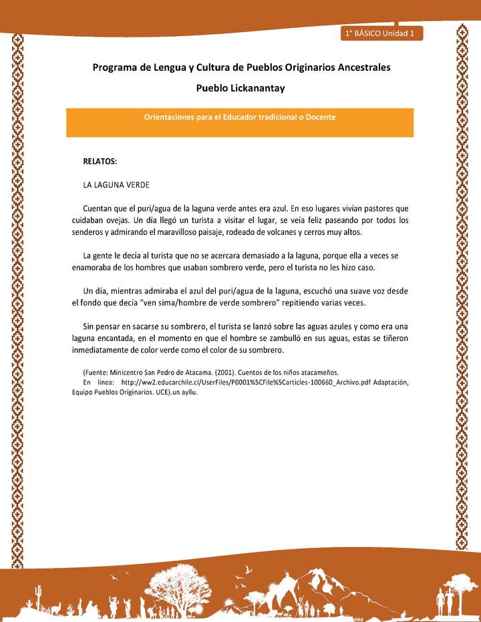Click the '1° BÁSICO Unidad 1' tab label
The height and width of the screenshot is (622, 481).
381,33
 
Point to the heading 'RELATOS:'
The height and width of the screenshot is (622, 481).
100,162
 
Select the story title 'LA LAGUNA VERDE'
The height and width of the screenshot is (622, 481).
116,184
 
